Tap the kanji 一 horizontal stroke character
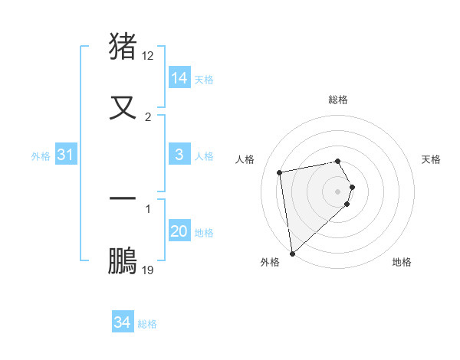click(x=123, y=198)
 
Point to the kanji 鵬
click(x=123, y=260)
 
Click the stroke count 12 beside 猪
click(x=148, y=56)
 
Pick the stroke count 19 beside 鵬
click(x=148, y=270)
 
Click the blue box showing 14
click(x=179, y=77)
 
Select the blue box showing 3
click(x=179, y=155)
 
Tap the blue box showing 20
click(x=179, y=231)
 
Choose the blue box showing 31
click(x=66, y=155)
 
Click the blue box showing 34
click(x=123, y=322)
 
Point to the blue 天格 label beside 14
click(x=204, y=80)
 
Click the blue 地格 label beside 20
click(x=204, y=233)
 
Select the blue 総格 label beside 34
click(x=147, y=324)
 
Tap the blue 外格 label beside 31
click(x=41, y=156)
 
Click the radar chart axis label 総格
click(x=338, y=100)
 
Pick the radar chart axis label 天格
click(x=432, y=159)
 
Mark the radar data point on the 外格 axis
click(x=292, y=253)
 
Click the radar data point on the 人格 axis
click(x=280, y=172)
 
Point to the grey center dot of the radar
click(x=338, y=191)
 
